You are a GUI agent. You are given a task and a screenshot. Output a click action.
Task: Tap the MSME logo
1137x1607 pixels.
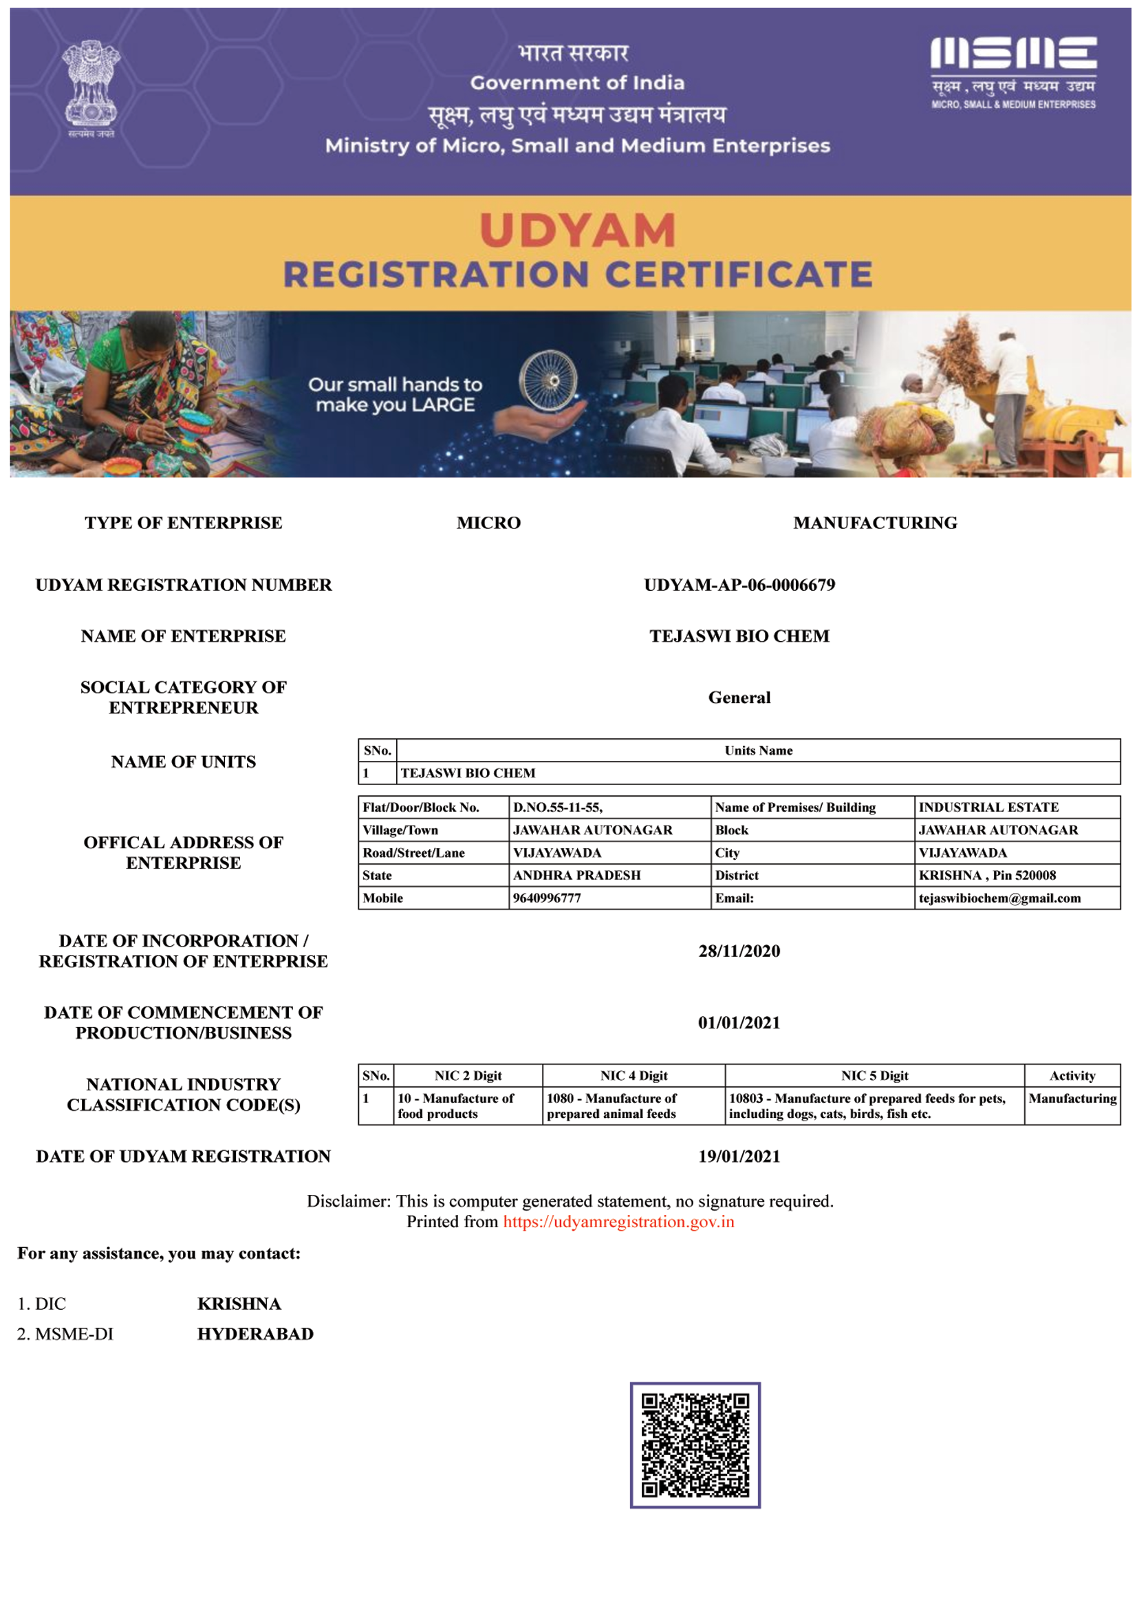tap(1013, 72)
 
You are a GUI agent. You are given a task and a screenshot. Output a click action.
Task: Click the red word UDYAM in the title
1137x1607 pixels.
tap(578, 230)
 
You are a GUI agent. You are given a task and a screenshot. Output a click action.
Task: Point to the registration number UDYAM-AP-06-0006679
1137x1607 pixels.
tap(739, 585)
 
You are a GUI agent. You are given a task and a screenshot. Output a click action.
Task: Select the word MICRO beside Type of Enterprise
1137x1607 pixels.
tap(488, 523)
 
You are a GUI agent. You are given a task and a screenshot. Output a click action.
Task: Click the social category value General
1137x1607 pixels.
tap(739, 698)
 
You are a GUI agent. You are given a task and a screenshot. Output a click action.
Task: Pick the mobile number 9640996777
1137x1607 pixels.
tap(547, 898)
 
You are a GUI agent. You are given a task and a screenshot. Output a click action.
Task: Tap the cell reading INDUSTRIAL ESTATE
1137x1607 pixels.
tap(988, 808)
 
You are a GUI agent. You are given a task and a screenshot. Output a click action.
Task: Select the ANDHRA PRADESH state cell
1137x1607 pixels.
tap(577, 875)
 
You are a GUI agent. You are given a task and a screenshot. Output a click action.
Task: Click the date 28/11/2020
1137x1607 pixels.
tap(739, 951)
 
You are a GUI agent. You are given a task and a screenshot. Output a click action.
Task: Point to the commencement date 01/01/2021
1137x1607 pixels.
tap(739, 1022)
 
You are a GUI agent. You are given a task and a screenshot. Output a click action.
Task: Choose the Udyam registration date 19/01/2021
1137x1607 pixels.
tap(739, 1156)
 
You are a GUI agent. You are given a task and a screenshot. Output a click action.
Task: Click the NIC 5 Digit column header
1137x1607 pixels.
tap(874, 1075)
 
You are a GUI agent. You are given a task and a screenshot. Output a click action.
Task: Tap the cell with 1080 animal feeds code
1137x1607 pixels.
tap(612, 1106)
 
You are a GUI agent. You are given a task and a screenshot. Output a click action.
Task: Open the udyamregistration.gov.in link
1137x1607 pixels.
tap(618, 1222)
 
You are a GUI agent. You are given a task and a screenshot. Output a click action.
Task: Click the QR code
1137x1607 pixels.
tap(695, 1445)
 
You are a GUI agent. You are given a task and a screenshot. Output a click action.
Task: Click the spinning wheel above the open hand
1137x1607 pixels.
tap(548, 380)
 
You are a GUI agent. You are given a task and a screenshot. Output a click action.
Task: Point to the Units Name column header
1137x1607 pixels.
tap(758, 751)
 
